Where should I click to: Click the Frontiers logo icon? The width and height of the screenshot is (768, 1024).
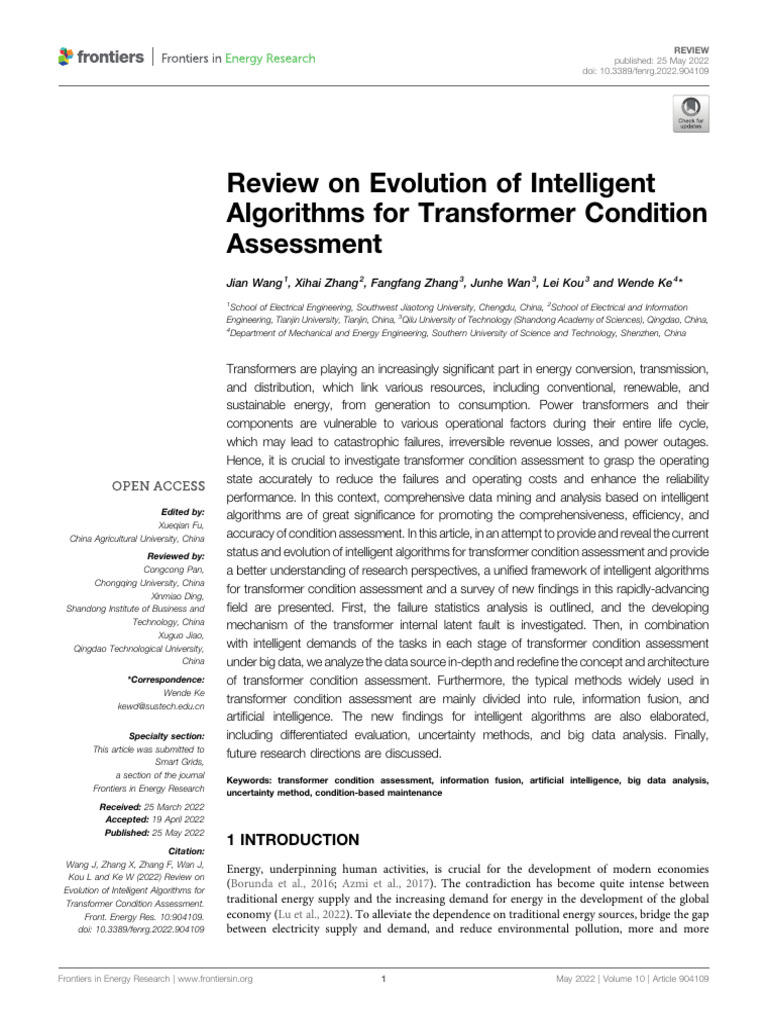[66, 56]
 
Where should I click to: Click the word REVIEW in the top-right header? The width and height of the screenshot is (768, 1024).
[692, 46]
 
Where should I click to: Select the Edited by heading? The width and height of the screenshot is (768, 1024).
[184, 511]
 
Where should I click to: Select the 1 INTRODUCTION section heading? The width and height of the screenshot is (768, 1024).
[293, 839]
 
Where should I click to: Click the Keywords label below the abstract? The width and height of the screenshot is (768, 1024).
[250, 779]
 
